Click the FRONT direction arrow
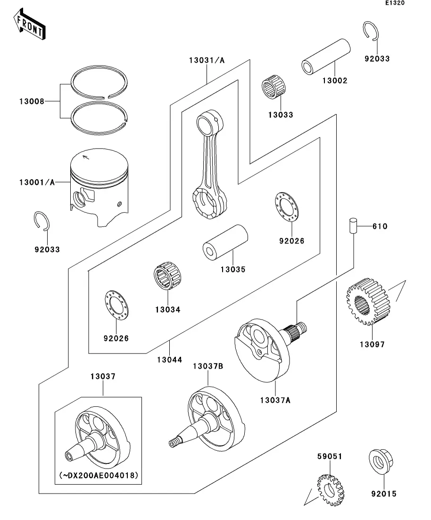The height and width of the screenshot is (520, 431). click(30, 25)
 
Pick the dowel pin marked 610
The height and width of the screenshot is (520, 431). click(352, 226)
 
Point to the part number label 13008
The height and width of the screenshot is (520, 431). click(32, 101)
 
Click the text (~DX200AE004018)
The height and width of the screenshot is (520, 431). click(99, 475)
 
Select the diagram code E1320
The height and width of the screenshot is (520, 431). click(395, 3)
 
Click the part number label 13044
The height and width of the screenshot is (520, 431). click(170, 360)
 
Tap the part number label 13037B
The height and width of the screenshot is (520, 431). click(207, 366)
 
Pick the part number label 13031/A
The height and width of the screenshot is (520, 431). click(207, 60)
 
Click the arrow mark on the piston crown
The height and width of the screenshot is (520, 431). click(86, 157)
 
